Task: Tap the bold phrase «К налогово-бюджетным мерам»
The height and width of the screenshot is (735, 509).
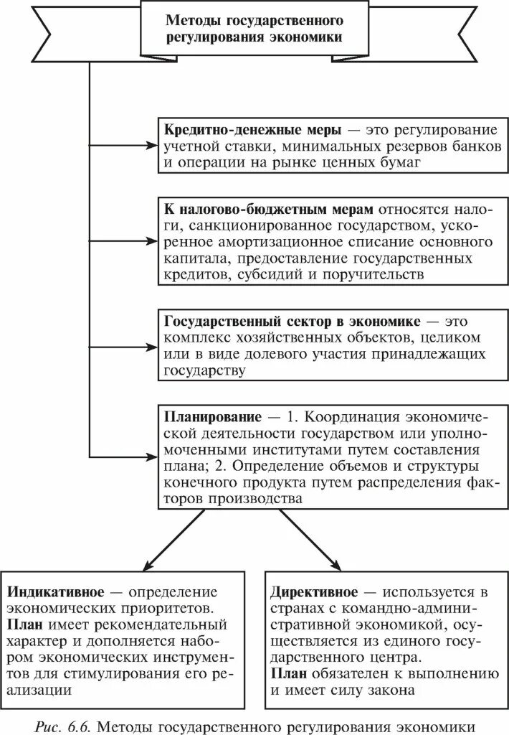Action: (x=270, y=209)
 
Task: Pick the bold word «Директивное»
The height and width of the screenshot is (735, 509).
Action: (x=315, y=592)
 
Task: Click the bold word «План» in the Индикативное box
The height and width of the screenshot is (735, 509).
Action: (x=24, y=624)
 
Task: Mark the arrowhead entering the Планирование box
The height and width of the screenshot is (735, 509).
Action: (x=152, y=455)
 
